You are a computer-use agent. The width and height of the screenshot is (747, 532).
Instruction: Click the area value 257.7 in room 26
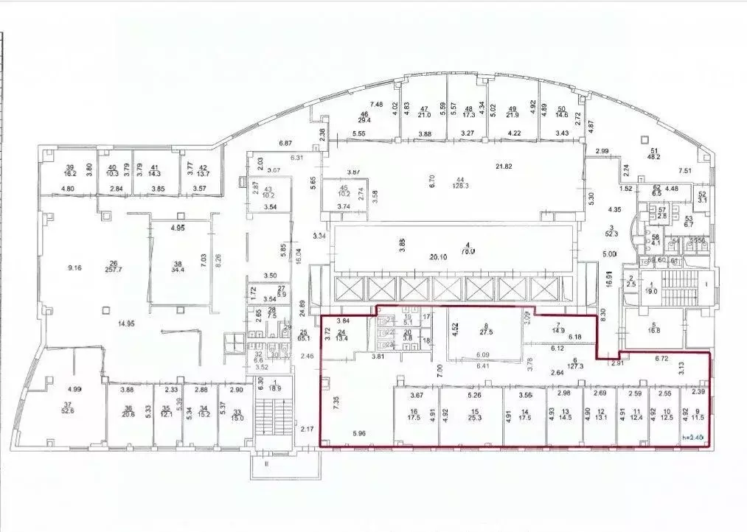[113, 270]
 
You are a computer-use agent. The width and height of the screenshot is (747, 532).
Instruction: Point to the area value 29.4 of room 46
[364, 121]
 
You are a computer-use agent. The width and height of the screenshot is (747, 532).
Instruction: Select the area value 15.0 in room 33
[236, 419]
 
